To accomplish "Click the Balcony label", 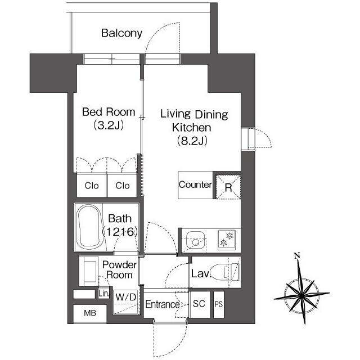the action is [121, 33].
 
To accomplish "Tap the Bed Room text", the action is [109, 112].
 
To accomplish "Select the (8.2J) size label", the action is [192, 141].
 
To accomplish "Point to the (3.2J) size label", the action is [109, 125].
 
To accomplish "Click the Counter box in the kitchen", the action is [195, 185].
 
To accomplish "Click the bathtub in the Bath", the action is [89, 227].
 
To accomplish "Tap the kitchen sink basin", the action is [195, 240].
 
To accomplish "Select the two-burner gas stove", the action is [227, 240].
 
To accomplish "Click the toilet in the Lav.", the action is [226, 272].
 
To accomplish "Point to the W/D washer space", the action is [126, 301].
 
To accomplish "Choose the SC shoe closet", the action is [199, 304].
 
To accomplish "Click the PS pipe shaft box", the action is [219, 304].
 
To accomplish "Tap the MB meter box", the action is [90, 313].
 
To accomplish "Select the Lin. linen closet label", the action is [103, 293].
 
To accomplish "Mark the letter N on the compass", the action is [297, 255].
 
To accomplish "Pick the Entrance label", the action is [163, 304].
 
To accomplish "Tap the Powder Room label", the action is [119, 270].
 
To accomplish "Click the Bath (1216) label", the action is [120, 225].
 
